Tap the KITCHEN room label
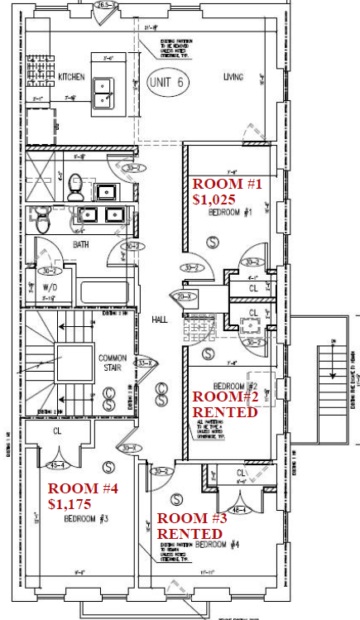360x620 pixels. point(70,77)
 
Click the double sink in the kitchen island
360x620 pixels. point(104,92)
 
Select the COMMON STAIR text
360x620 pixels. point(113,363)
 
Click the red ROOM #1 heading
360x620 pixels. point(226,184)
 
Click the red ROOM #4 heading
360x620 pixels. point(83,488)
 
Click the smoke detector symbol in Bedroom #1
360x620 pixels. point(213,242)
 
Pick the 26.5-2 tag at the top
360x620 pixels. point(103,5)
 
